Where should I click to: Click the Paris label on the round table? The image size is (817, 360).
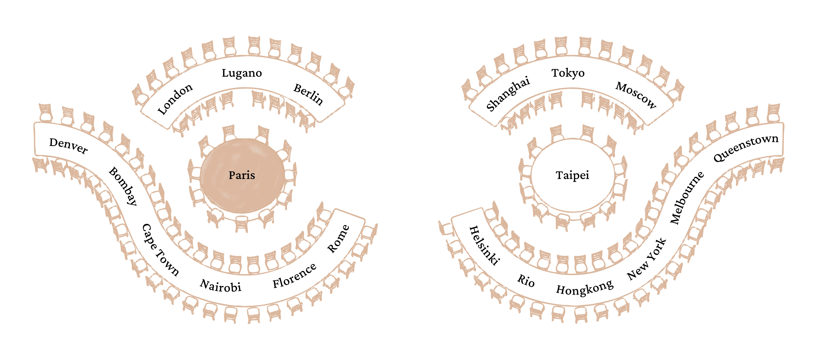(x=242, y=175)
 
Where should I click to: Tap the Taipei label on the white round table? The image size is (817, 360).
(x=572, y=175)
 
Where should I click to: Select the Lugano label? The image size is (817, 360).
(x=242, y=73)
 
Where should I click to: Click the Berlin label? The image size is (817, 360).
(x=308, y=94)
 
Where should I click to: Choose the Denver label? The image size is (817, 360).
(x=68, y=146)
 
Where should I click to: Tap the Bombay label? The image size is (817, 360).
(x=123, y=186)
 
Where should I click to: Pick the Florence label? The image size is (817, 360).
(x=294, y=275)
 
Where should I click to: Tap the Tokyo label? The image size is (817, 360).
(x=568, y=73)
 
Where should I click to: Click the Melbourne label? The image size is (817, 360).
(x=687, y=198)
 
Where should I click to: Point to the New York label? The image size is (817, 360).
(x=646, y=259)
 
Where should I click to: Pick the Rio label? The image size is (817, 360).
(x=526, y=280)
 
